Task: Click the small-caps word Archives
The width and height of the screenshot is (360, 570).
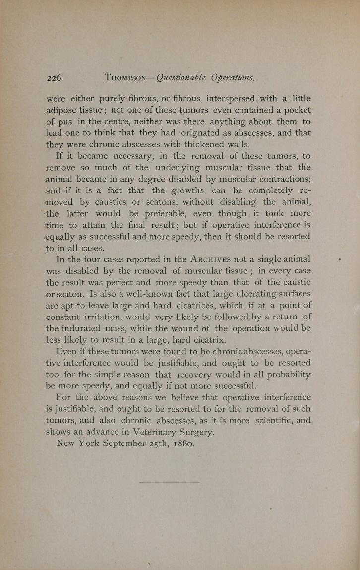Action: [x=214, y=259]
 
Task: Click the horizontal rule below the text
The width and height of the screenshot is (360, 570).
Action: [x=170, y=482]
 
